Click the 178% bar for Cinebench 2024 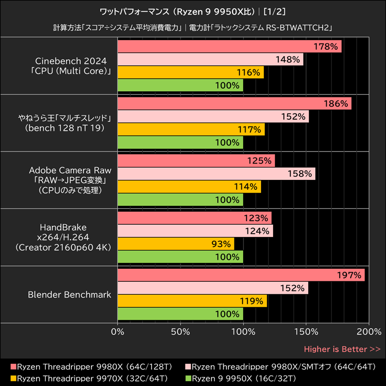[229, 47]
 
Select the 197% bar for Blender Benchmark [241, 276]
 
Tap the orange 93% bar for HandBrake [176, 244]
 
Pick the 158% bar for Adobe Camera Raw [216, 174]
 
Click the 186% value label [336, 104]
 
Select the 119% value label [252, 301]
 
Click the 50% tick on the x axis [180, 332]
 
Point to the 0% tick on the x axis [118, 332]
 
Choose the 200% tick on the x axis [369, 332]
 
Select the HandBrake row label [70, 237]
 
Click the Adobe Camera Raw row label [70, 180]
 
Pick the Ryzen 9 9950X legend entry [243, 378]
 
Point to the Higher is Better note [342, 349]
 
